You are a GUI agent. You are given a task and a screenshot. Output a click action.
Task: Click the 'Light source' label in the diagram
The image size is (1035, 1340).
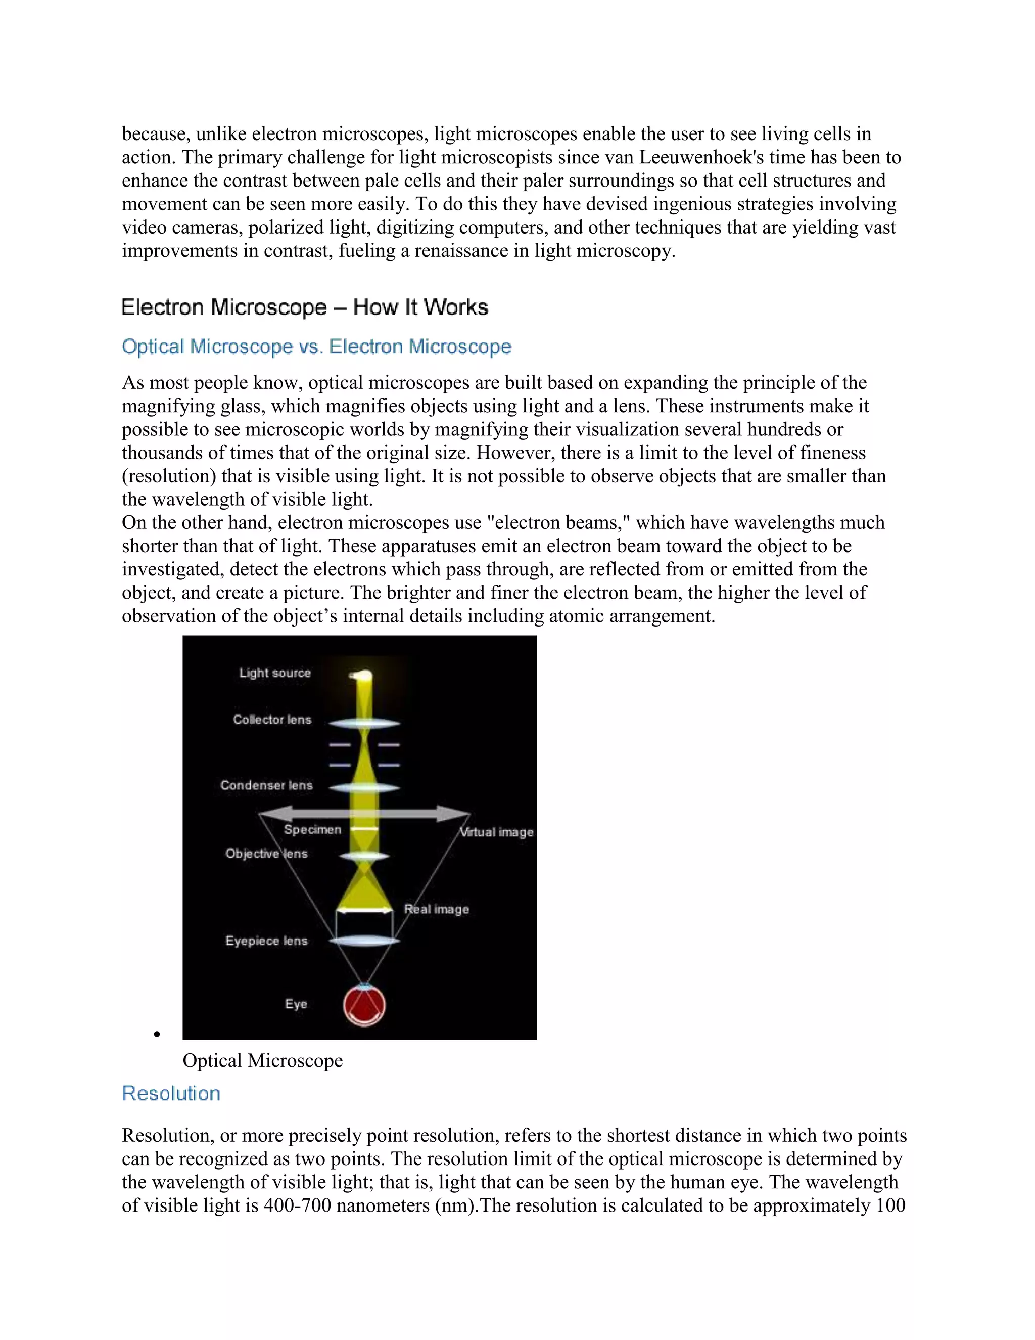pyautogui.click(x=275, y=673)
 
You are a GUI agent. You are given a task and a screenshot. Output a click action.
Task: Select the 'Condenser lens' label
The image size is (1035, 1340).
pyautogui.click(x=266, y=785)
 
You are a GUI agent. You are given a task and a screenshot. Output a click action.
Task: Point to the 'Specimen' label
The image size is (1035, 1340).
pyautogui.click(x=312, y=829)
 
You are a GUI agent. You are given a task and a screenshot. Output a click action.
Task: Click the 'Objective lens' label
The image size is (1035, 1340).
pyautogui.click(x=266, y=854)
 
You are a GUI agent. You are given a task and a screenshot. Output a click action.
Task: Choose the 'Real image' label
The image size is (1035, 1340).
pyautogui.click(x=437, y=909)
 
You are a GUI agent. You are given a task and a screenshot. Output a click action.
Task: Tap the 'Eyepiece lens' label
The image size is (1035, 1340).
pyautogui.click(x=266, y=941)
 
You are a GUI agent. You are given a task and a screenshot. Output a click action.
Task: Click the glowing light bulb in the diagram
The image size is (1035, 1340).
pyautogui.click(x=363, y=676)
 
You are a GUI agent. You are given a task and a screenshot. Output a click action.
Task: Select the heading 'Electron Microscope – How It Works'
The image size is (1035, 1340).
pyautogui.click(x=304, y=307)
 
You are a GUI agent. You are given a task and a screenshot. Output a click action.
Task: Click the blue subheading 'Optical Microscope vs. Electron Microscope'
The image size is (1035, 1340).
pyautogui.click(x=316, y=347)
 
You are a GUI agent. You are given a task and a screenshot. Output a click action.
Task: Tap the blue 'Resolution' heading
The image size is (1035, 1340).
pyautogui.click(x=171, y=1093)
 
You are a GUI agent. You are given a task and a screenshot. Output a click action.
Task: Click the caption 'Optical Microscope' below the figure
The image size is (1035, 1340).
pyautogui.click(x=262, y=1060)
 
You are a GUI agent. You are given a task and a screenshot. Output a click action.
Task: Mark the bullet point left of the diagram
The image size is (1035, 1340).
pyautogui.click(x=157, y=1035)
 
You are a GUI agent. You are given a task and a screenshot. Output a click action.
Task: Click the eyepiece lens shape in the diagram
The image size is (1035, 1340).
pyautogui.click(x=364, y=941)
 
